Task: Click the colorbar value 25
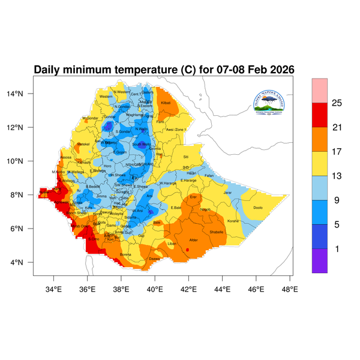coord(337,103)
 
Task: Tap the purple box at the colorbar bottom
coord(320,261)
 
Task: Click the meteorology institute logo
coord(274,102)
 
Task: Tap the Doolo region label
coord(258,208)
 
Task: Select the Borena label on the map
coord(126,254)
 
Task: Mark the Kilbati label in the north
coord(166,103)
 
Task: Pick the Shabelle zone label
coord(216,231)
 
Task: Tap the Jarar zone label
coord(227,193)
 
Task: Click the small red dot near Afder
coord(188,250)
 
